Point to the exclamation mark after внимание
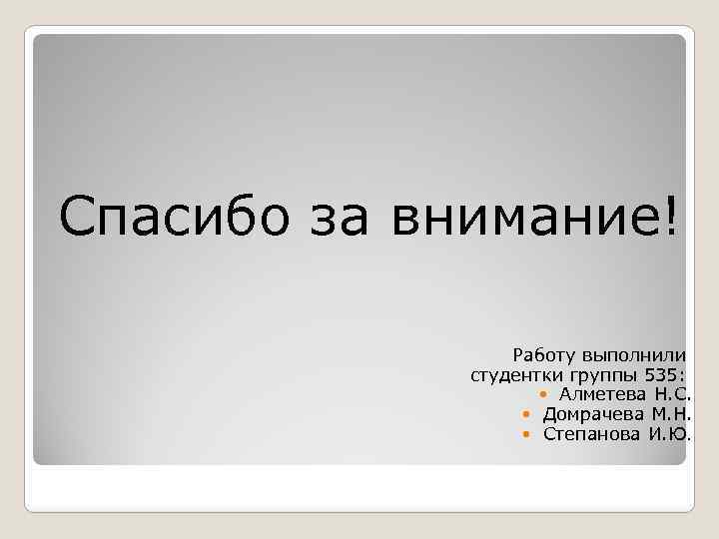point(667,213)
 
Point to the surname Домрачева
point(593,414)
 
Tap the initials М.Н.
point(672,414)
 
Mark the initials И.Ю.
point(671,433)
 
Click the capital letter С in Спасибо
point(76,215)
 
